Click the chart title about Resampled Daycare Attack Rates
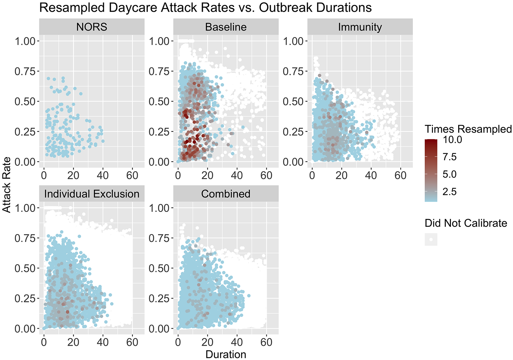click(205, 8)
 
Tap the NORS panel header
click(92, 27)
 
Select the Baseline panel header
click(226, 27)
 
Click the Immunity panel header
click(360, 27)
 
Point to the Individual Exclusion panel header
click(92, 194)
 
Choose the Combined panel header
click(226, 194)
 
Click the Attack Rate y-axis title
click(7, 185)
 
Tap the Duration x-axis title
click(226, 354)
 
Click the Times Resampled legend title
click(468, 129)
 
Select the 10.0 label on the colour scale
click(452, 140)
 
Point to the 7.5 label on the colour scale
click(450, 157)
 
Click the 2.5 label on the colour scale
click(450, 192)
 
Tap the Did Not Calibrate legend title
click(466, 223)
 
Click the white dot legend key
click(431, 240)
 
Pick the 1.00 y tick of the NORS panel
click(25, 41)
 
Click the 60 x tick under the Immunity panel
click(401, 175)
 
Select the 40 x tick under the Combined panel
click(237, 342)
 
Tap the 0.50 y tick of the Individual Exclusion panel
click(25, 269)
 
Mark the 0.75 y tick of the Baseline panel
click(159, 71)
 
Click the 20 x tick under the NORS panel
click(73, 175)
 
